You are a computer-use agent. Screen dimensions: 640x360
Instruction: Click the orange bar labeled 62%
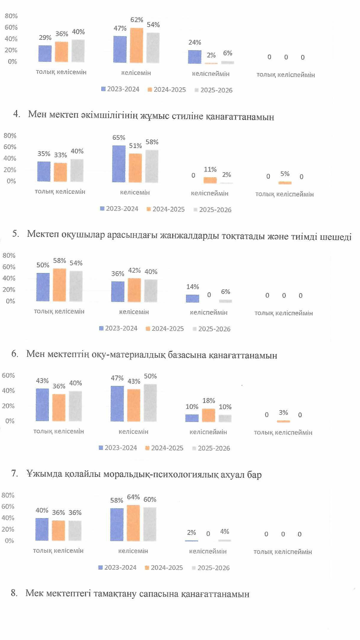(x=136, y=45)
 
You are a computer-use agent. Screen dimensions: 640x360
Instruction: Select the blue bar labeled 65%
(x=119, y=164)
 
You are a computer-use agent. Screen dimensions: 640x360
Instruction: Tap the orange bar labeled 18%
(x=208, y=415)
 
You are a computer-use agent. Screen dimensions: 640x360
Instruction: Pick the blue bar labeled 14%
(x=192, y=298)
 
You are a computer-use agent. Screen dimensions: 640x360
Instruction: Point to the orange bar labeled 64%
(x=133, y=523)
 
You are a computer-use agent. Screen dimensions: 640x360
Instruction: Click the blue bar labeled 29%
(x=45, y=53)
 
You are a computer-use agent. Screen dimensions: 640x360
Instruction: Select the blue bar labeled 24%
(x=195, y=57)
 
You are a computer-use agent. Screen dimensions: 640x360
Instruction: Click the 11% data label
(x=210, y=169)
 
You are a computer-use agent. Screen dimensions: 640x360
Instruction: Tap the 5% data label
(x=285, y=174)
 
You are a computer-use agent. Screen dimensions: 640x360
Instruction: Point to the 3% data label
(x=283, y=412)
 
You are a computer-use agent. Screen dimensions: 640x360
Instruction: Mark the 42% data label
(x=134, y=270)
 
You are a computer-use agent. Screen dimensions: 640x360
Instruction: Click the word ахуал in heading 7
(x=232, y=475)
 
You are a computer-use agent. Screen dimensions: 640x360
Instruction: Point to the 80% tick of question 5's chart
(x=9, y=256)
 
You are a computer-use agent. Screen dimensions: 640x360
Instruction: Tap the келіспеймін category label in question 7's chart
(x=208, y=551)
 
